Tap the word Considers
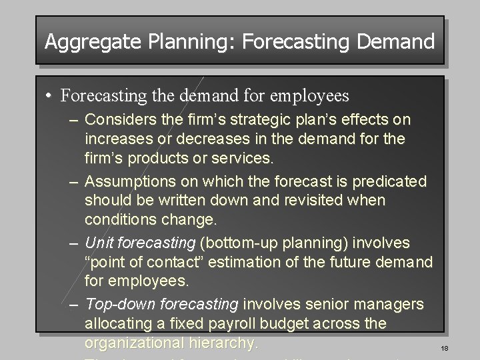tap(118, 120)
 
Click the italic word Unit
tap(97, 243)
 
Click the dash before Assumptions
tap(75, 181)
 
